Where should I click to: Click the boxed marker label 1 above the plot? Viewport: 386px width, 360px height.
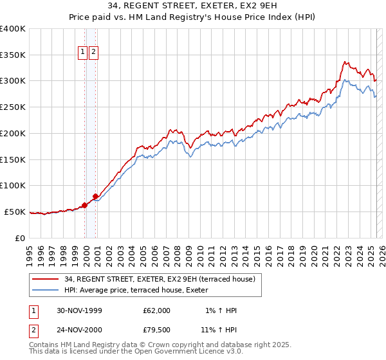pyautogui.click(x=83, y=53)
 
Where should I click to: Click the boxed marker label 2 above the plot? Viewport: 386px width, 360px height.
pyautogui.click(x=94, y=53)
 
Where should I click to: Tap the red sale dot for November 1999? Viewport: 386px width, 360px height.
pyautogui.click(x=84, y=206)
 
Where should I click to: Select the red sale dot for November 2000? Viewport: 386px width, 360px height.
pyautogui.click(x=96, y=196)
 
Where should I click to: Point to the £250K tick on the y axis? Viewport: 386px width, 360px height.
pyautogui.click(x=14, y=107)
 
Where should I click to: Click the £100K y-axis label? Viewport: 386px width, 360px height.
pyautogui.click(x=14, y=185)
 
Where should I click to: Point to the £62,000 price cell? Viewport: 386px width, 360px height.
pyautogui.click(x=157, y=310)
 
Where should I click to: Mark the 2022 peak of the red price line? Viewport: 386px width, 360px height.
pyautogui.click(x=345, y=62)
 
